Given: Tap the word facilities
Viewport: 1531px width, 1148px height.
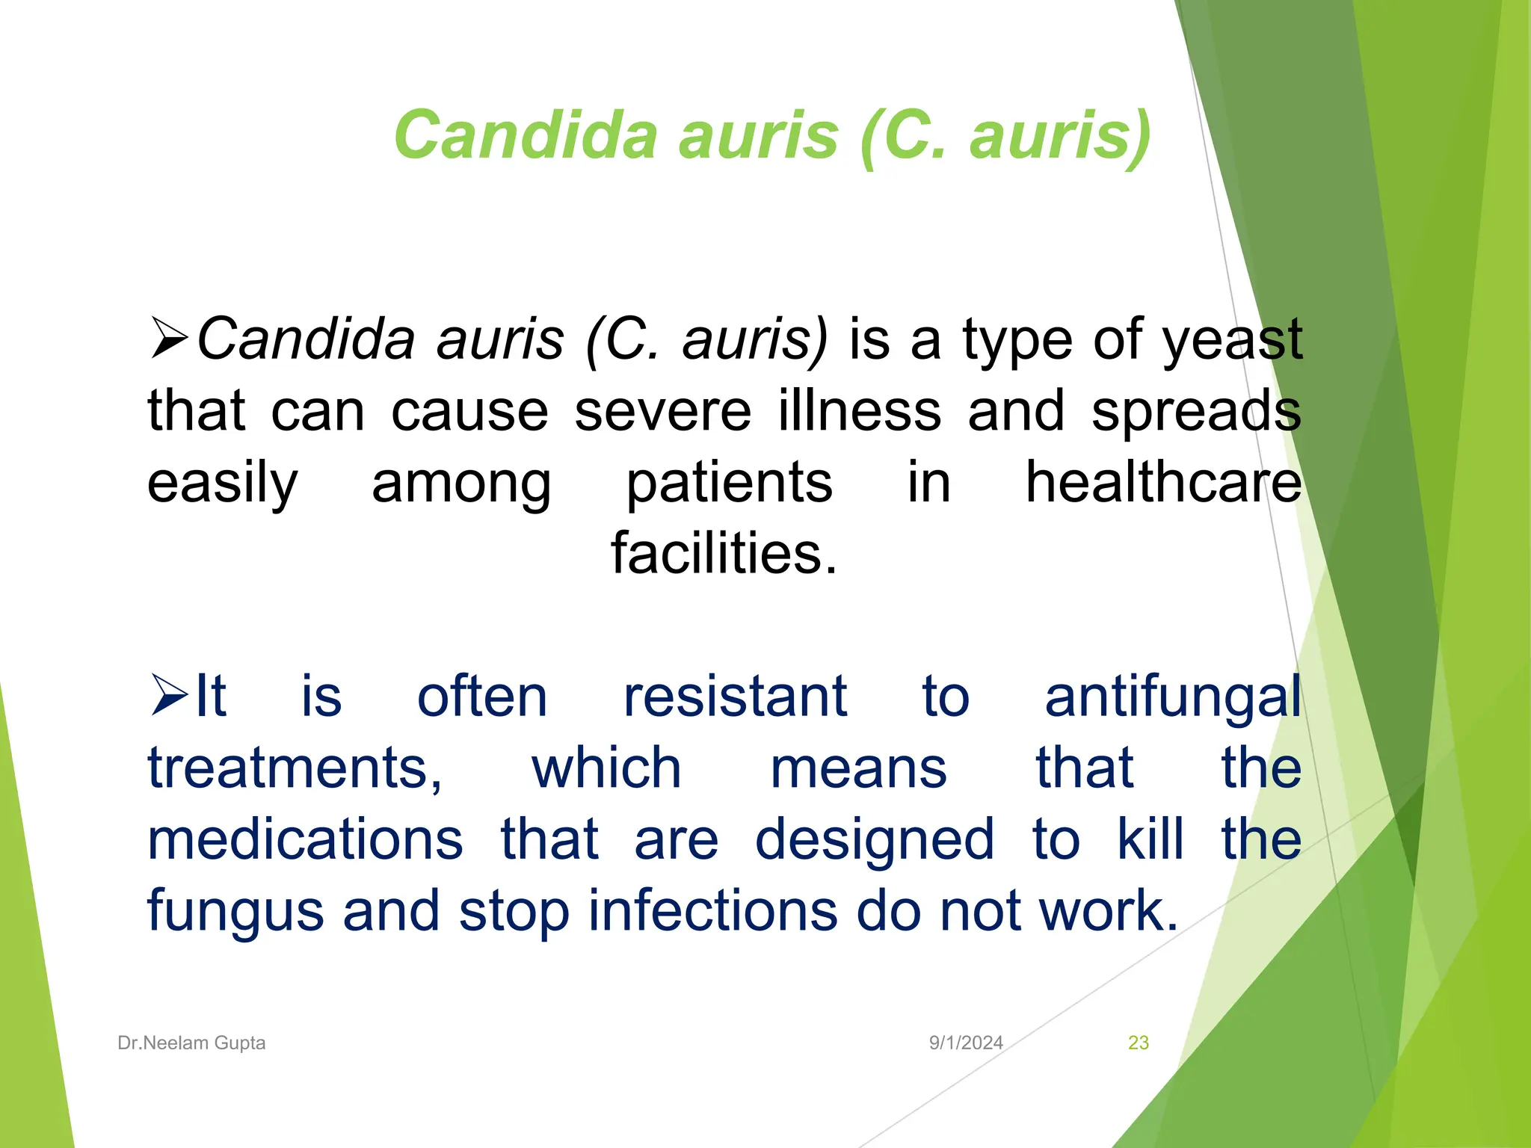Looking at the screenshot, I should [x=724, y=553].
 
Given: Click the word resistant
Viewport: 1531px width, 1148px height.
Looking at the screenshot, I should [x=735, y=697].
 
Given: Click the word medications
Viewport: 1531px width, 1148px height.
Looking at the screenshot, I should [x=305, y=839].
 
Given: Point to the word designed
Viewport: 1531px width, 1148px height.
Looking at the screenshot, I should [x=875, y=841].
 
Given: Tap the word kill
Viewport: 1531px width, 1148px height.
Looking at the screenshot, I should [x=1150, y=839].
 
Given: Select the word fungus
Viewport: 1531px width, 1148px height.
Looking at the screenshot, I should [x=235, y=913].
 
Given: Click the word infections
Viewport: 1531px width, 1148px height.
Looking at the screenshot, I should [x=712, y=911].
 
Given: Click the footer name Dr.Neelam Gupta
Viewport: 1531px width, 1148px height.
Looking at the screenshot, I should [x=191, y=1043].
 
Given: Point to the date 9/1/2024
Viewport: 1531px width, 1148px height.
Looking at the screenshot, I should [x=966, y=1043].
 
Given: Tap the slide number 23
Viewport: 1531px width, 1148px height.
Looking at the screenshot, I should [x=1138, y=1043].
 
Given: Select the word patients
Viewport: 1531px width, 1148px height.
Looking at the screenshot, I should [x=729, y=484].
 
